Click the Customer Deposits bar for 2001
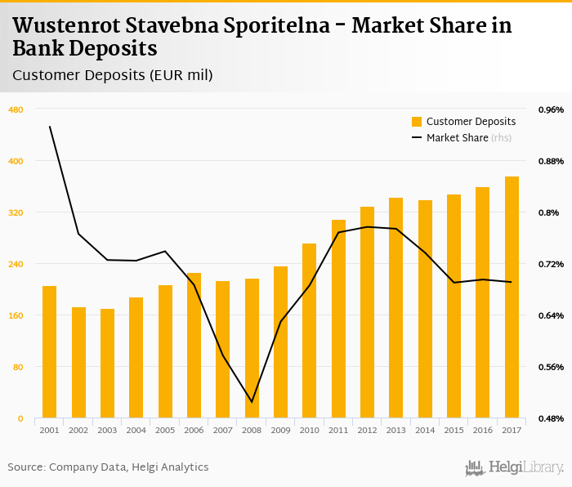(50, 352)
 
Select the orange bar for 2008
(252, 349)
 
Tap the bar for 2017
(512, 297)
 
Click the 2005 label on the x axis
(165, 430)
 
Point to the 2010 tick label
(310, 430)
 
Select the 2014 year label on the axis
(425, 430)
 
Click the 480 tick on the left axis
(16, 109)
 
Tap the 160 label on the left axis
(16, 315)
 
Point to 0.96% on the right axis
(550, 109)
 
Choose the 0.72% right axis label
(550, 264)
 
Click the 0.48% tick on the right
(550, 418)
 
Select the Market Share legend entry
(457, 138)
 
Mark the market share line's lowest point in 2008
(252, 402)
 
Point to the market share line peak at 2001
(50, 127)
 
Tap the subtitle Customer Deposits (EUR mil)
(113, 75)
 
